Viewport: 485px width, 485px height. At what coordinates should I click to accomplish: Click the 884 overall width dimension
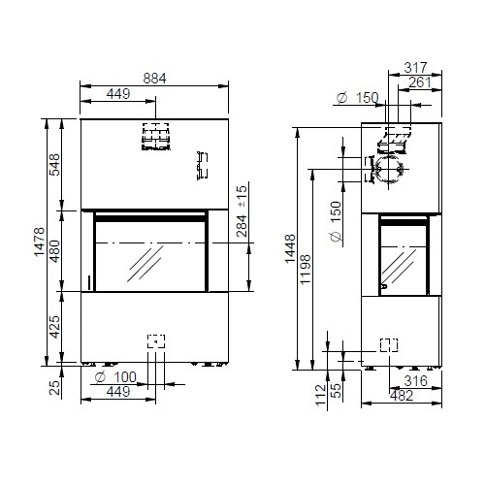154,79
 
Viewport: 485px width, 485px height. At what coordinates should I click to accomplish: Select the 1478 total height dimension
40,242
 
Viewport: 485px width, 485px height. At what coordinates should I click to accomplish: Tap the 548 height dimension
55,165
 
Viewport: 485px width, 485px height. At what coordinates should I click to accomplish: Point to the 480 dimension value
55,251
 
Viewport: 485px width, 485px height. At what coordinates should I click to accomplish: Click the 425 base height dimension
55,327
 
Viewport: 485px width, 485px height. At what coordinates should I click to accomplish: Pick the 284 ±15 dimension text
242,211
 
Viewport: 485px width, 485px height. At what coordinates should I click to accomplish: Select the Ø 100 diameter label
115,377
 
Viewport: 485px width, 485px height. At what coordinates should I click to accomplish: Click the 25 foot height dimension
55,388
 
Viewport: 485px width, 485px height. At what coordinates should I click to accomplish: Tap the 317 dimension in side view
415,68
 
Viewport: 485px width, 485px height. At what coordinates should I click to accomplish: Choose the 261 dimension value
420,82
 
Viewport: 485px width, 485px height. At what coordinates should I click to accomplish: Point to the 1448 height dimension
290,248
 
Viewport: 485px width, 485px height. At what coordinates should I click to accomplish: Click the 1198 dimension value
306,270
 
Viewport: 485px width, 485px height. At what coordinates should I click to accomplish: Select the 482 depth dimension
402,396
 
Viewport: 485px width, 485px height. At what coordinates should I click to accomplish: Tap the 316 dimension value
415,381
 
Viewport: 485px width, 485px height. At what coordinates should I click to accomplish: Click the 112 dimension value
320,395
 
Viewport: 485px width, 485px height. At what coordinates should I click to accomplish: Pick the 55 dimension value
337,391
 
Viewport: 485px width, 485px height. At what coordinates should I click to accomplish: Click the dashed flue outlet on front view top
156,137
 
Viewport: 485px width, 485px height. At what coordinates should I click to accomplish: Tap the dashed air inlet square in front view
156,341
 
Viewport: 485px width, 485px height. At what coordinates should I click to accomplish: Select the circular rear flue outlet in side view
389,169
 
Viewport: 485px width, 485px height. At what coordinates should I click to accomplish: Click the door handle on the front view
89,282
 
